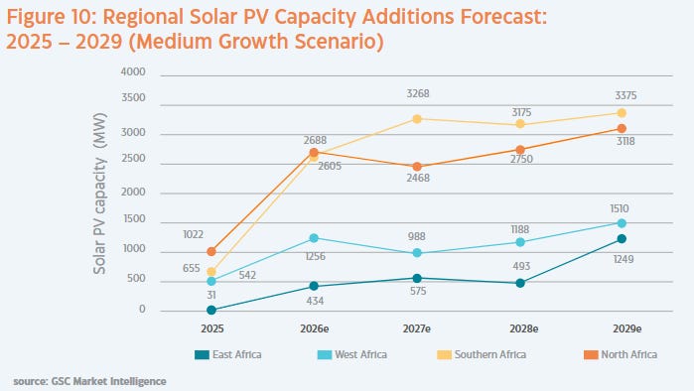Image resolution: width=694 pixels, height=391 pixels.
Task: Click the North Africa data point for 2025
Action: click(211, 252)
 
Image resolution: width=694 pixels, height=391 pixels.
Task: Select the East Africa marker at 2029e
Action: click(622, 239)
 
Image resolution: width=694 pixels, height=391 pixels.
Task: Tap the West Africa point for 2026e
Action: click(314, 238)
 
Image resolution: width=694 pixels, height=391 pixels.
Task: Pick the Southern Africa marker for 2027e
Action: click(417, 119)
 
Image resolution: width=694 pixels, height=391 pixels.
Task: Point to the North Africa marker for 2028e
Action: click(520, 150)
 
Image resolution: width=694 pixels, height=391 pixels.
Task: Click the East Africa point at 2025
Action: click(211, 310)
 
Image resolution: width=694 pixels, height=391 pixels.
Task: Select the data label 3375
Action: click(625, 95)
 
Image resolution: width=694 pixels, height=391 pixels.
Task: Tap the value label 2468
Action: click(418, 178)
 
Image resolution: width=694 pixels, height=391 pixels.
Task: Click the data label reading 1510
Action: click(620, 208)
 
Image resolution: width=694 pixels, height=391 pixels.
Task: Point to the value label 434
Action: click(315, 302)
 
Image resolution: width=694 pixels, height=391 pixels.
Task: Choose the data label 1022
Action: click(193, 234)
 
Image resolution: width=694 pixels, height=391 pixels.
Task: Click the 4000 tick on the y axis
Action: click(133, 71)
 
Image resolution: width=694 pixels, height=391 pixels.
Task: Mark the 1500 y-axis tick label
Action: click(134, 219)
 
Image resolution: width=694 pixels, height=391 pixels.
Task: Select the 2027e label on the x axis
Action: click(416, 329)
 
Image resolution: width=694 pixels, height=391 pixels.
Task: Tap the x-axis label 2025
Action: click(212, 329)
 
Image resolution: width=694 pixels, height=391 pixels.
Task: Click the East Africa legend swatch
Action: click(202, 354)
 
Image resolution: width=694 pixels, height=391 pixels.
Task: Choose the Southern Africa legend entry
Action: click(482, 354)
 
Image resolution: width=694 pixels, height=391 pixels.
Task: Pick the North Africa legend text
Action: click(628, 354)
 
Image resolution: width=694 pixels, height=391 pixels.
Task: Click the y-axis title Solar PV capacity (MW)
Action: click(100, 194)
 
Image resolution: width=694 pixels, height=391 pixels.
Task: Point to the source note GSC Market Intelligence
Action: click(109, 381)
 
